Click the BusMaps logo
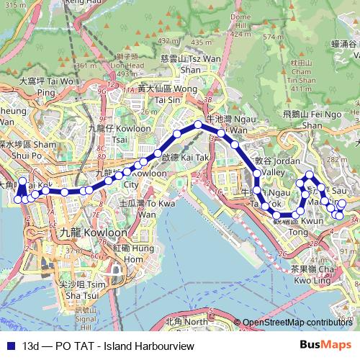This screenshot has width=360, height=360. [x=330, y=346]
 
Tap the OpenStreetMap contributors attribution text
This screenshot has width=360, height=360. [x=297, y=323]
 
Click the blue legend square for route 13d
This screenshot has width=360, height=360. [x=9, y=346]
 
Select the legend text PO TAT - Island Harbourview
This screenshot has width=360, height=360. [x=109, y=346]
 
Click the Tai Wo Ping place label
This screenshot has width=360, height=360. [x=46, y=86]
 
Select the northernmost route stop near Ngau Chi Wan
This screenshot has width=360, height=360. [x=198, y=126]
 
